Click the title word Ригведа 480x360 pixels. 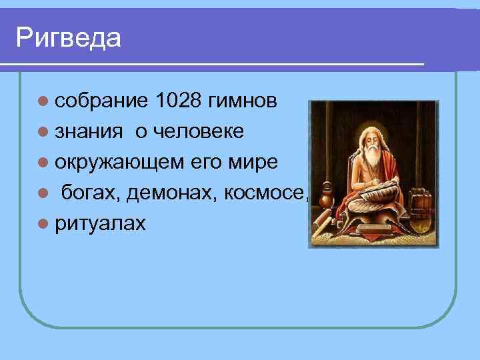click(69, 37)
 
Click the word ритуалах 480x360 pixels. click(100, 224)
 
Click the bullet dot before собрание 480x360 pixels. click(43, 102)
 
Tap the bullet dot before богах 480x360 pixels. click(43, 194)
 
